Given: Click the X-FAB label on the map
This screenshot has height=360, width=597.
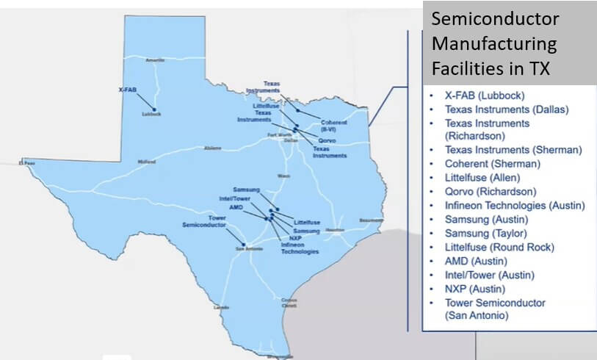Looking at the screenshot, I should tap(128, 89).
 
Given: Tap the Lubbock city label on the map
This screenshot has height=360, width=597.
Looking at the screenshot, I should tap(152, 115).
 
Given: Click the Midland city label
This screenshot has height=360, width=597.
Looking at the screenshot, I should tap(147, 161).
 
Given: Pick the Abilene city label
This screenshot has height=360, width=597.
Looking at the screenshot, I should tap(212, 148).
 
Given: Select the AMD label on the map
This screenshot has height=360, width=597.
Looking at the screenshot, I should tap(236, 207).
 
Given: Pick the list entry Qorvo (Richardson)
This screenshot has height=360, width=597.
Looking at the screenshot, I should tap(490, 192).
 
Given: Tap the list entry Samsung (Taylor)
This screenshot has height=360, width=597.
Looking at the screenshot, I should tap(485, 233).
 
